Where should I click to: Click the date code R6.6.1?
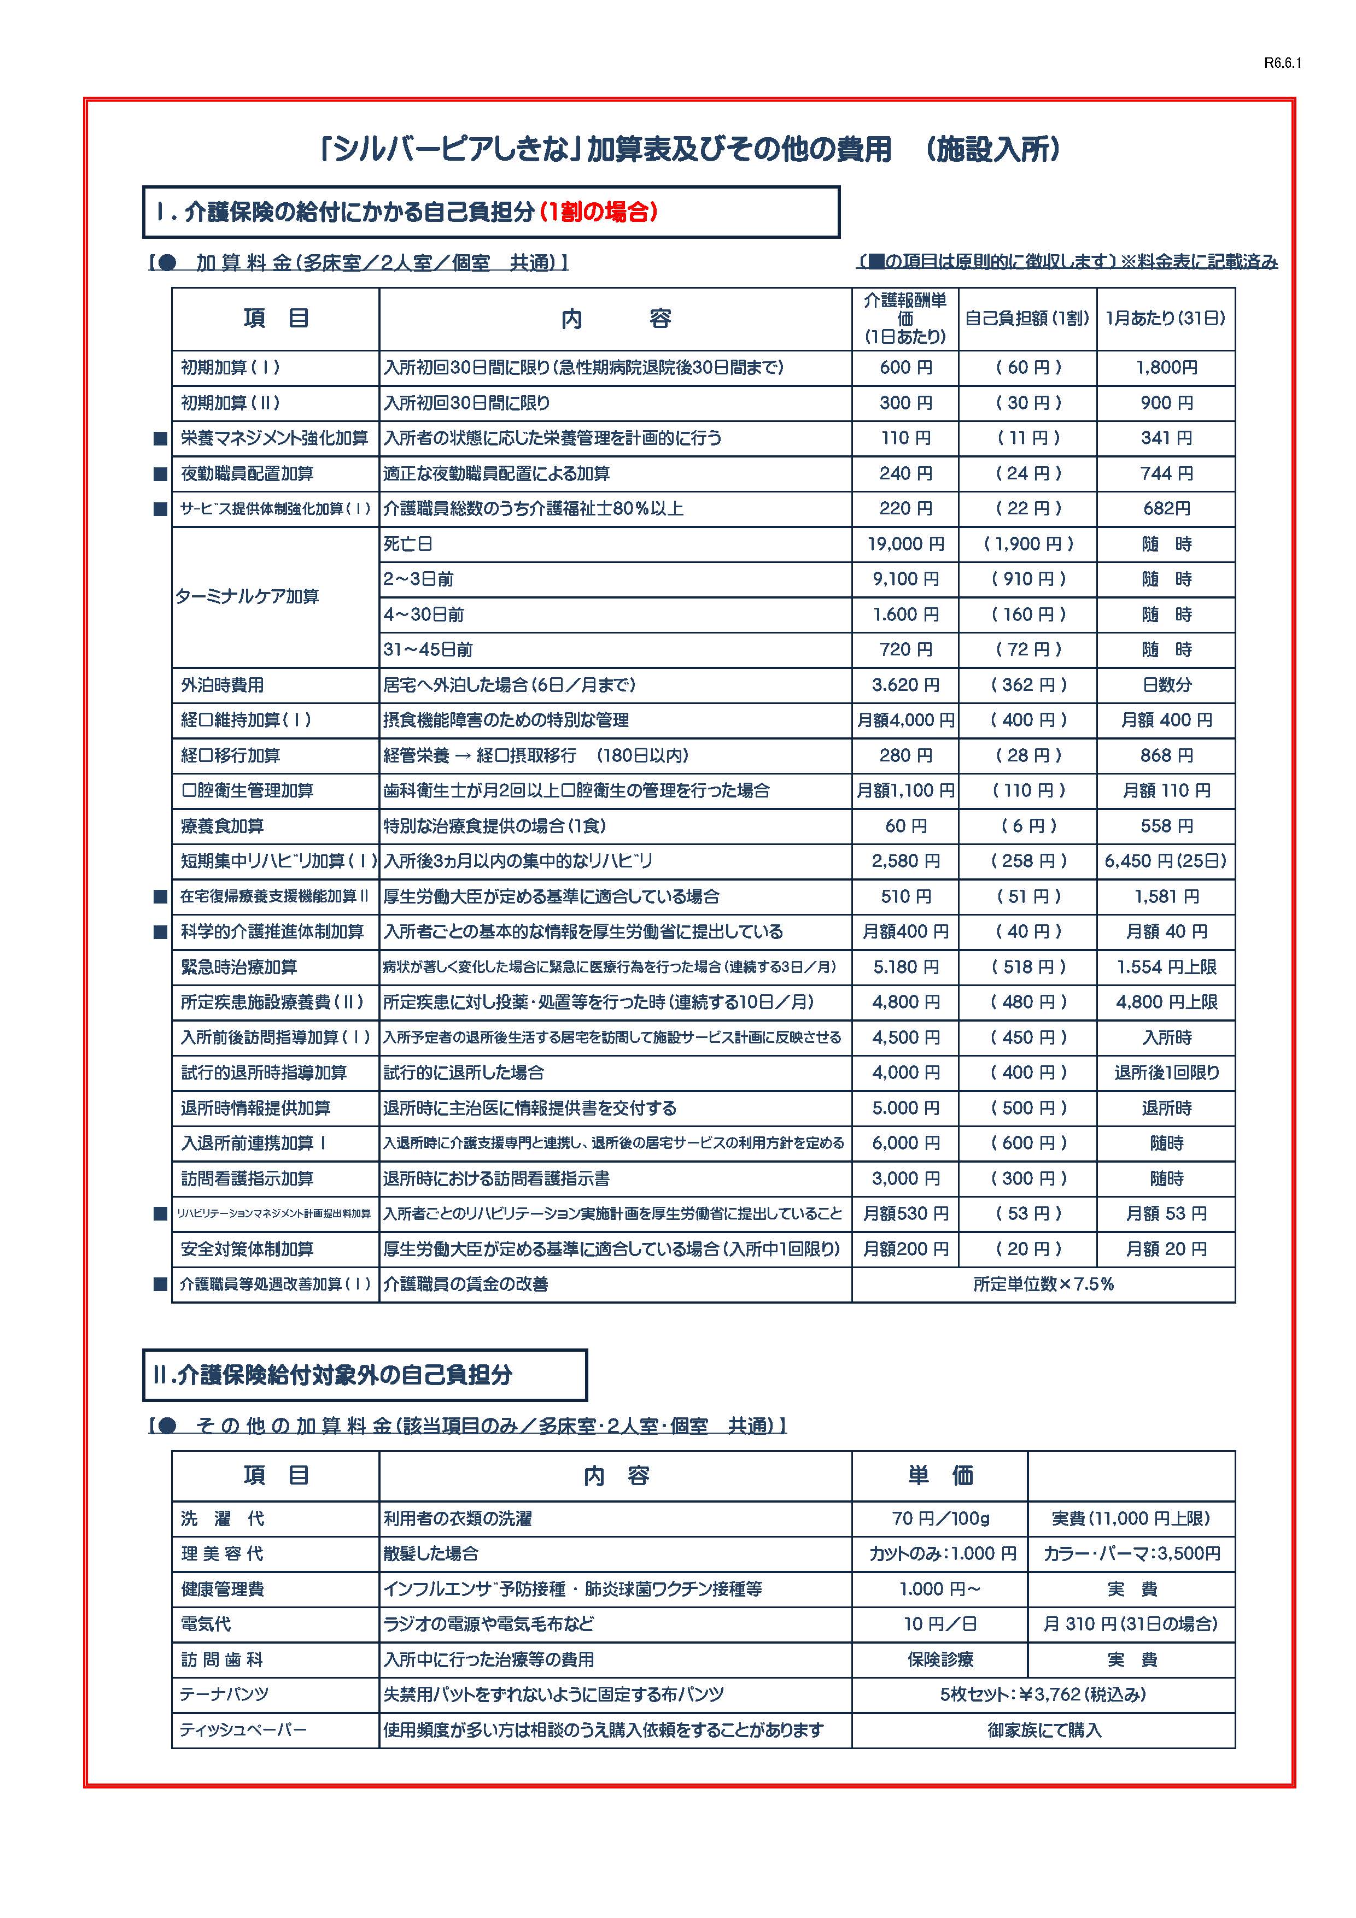coord(1283,63)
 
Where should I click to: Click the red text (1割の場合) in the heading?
coord(598,212)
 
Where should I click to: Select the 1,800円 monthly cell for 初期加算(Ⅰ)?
coord(1166,367)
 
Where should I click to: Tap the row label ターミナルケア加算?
coord(247,596)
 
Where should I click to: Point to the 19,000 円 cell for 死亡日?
coord(905,544)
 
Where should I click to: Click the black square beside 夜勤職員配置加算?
coord(160,474)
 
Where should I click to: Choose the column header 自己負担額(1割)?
coord(1027,318)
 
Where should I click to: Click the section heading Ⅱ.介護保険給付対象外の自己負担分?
coord(332,1376)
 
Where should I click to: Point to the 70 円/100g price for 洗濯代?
coord(940,1518)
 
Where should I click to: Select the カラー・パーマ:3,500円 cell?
coord(1131,1554)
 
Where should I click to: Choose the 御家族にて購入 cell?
coord(1044,1730)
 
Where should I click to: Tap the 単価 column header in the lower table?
coord(940,1476)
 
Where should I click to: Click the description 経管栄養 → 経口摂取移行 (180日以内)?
coord(535,756)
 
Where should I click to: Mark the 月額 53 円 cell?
coord(1166,1214)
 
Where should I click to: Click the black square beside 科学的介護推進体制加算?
coord(160,932)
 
